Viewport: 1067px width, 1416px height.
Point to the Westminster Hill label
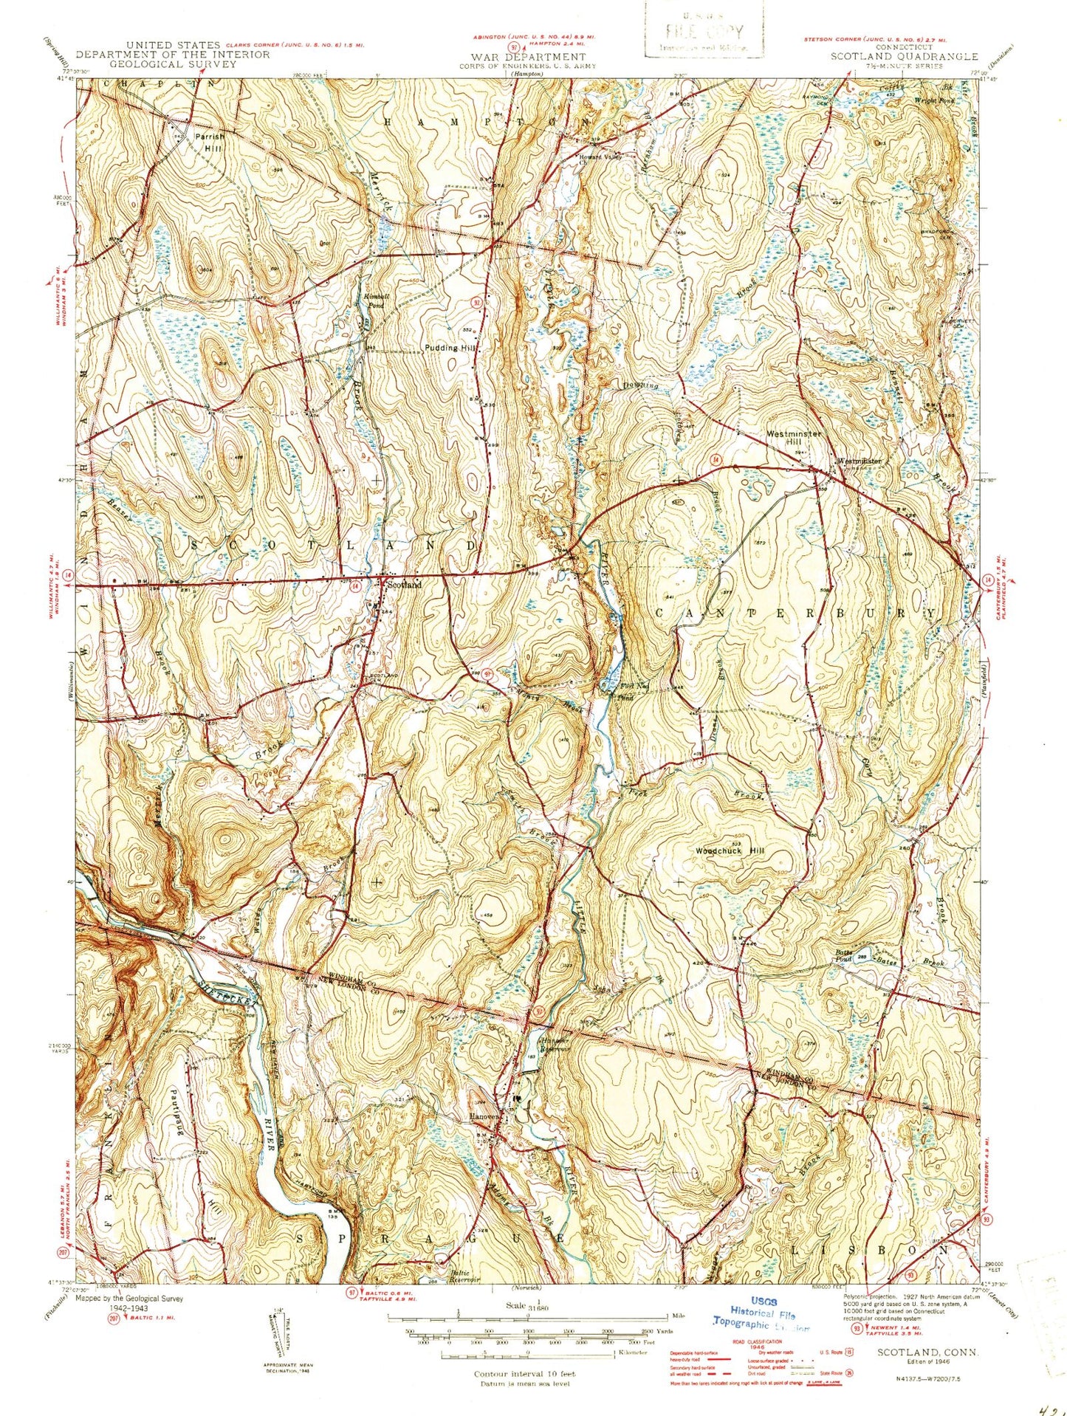click(x=794, y=437)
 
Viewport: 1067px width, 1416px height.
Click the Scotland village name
click(x=403, y=585)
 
